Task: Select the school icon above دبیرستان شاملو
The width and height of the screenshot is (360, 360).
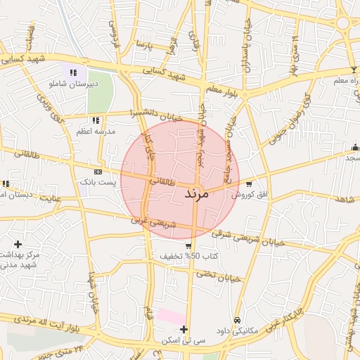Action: click(72, 72)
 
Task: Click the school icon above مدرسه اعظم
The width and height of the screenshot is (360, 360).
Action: click(96, 120)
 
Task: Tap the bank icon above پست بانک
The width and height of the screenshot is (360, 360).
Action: click(98, 171)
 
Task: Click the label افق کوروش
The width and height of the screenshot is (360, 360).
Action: click(250, 193)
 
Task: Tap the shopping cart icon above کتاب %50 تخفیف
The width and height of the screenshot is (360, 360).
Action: click(188, 246)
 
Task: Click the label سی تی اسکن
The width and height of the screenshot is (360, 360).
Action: click(183, 340)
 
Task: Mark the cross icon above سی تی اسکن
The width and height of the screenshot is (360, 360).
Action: click(184, 329)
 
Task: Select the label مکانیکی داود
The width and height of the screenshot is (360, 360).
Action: click(239, 330)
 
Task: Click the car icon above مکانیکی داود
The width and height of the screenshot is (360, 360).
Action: click(237, 320)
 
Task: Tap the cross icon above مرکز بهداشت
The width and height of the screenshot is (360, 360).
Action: click(18, 243)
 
